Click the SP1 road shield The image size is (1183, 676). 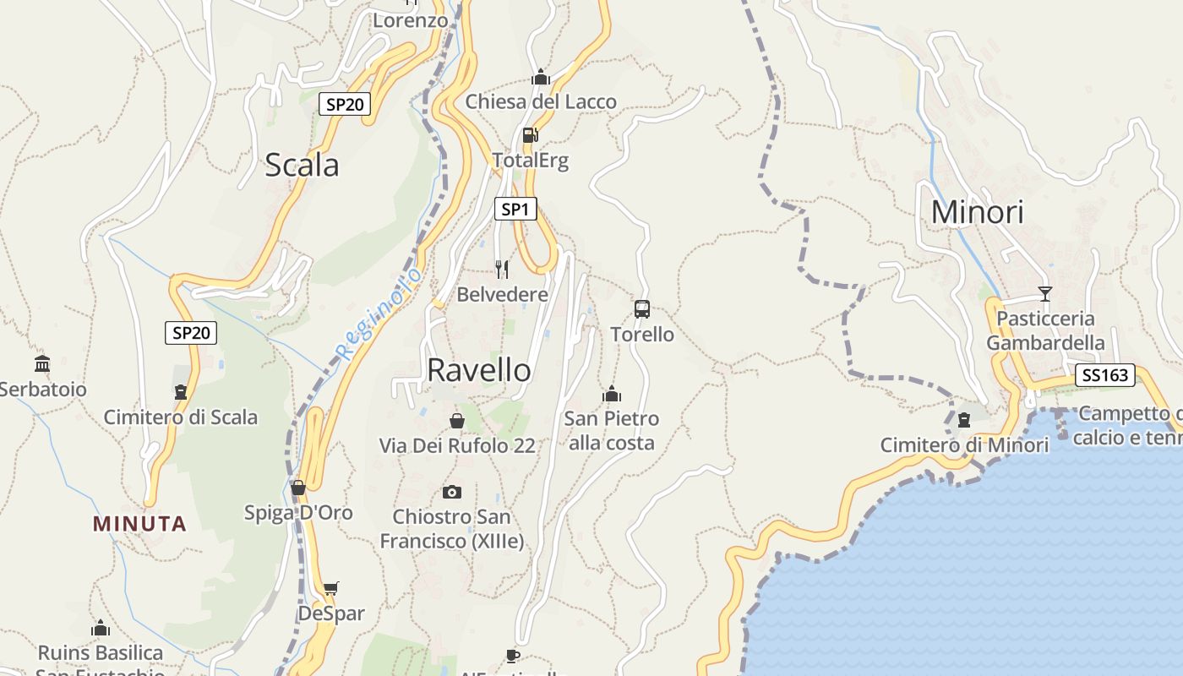[x=515, y=209]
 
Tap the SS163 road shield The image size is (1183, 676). [x=1104, y=375]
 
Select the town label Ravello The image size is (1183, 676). [x=479, y=370]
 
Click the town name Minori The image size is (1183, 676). [x=977, y=212]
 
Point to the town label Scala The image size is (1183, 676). [x=302, y=165]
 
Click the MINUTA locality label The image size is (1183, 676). [x=139, y=524]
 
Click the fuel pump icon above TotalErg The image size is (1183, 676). [x=530, y=134]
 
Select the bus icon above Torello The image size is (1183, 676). [x=642, y=308]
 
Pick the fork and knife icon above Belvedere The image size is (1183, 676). [x=502, y=269]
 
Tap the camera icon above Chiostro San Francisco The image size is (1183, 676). [x=452, y=492]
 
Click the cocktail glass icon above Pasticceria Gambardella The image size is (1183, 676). [x=1045, y=293]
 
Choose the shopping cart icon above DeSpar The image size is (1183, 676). [x=331, y=588]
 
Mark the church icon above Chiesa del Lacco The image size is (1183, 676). [x=541, y=78]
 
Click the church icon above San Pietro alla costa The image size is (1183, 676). [x=612, y=394]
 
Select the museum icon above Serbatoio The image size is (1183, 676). [x=42, y=364]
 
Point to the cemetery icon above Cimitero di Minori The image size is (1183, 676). [x=964, y=420]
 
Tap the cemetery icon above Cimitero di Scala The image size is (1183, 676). [x=181, y=392]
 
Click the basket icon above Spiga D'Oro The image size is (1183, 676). [x=298, y=488]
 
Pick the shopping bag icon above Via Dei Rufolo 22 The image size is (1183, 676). [x=457, y=420]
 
